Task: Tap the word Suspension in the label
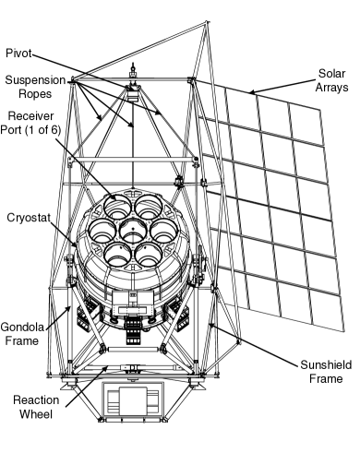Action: click(33, 82)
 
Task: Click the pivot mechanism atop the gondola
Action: click(135, 88)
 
